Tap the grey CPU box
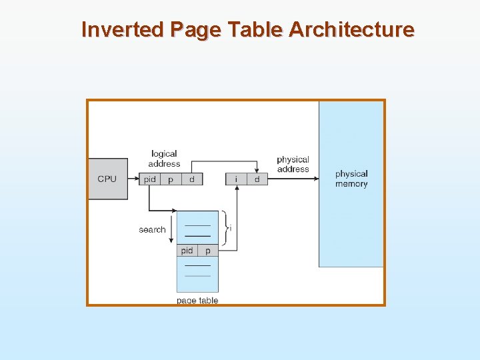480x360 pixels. click(x=107, y=179)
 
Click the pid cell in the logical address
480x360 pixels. click(x=150, y=179)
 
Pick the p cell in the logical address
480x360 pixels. click(x=171, y=179)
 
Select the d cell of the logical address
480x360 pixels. click(x=191, y=179)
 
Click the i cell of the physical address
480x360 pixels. click(x=237, y=179)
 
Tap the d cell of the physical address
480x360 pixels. click(x=257, y=179)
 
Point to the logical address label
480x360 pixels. click(x=164, y=159)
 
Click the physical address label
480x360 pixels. click(x=293, y=164)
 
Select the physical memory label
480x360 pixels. click(x=351, y=179)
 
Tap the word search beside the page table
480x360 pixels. click(x=152, y=229)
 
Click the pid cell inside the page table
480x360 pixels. click(x=187, y=251)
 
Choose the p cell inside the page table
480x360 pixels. click(x=208, y=251)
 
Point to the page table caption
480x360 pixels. click(x=197, y=301)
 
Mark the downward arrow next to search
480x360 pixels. click(x=171, y=233)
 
